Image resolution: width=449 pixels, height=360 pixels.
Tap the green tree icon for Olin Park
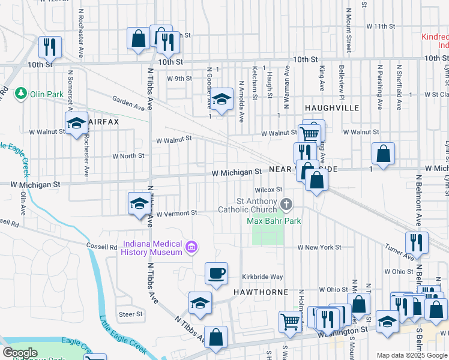click(22, 93)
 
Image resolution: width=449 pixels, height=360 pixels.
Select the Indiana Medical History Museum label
click(152, 248)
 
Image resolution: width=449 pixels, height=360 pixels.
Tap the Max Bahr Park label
click(274, 221)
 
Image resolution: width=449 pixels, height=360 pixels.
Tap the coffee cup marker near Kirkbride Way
click(217, 274)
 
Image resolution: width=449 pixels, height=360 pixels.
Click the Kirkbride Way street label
click(262, 277)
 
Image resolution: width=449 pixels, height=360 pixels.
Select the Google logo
click(20, 353)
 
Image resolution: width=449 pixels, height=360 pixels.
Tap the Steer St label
click(130, 314)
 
